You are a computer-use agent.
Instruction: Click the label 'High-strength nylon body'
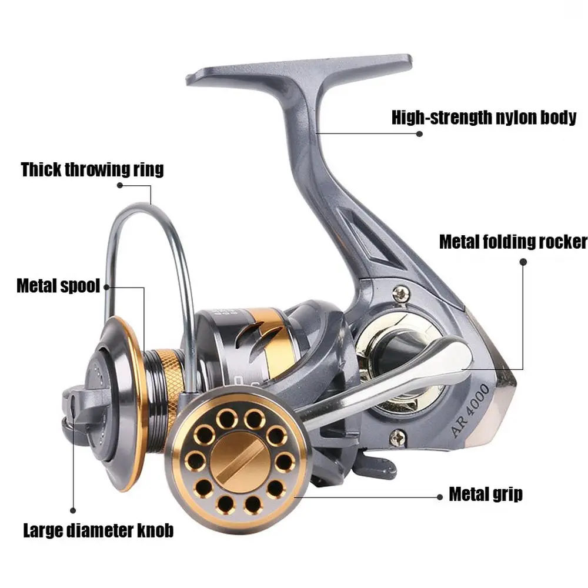pyautogui.click(x=484, y=117)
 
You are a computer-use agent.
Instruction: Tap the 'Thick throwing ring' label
pyautogui.click(x=92, y=170)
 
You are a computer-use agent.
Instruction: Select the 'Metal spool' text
pyautogui.click(x=58, y=287)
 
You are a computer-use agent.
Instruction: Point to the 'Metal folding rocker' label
pyautogui.click(x=513, y=242)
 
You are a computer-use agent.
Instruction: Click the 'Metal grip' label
pyautogui.click(x=486, y=493)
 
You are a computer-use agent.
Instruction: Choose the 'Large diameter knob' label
pyautogui.click(x=98, y=531)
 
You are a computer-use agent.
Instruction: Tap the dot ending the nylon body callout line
pyautogui.click(x=420, y=133)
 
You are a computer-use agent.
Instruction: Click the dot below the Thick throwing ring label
pyautogui.click(x=120, y=185)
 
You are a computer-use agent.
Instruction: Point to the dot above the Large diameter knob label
pyautogui.click(x=73, y=511)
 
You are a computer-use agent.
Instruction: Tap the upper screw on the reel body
pyautogui.click(x=402, y=290)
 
